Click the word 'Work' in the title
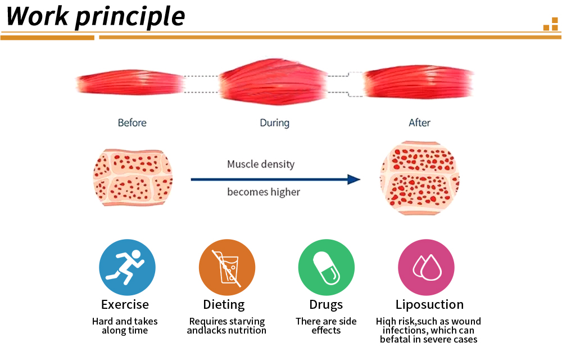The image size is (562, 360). (37, 16)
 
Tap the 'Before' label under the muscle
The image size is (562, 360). (132, 123)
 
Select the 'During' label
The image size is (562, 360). (275, 123)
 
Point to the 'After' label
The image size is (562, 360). (419, 123)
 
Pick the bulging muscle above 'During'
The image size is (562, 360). (274, 82)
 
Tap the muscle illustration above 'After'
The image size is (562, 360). (419, 82)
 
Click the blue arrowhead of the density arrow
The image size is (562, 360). (353, 179)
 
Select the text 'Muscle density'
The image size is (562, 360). (261, 164)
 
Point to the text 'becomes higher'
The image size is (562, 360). (264, 192)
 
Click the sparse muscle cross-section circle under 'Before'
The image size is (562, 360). (133, 178)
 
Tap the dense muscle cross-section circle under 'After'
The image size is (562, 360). (420, 178)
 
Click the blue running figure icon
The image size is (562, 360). (127, 268)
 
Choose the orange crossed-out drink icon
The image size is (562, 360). (227, 268)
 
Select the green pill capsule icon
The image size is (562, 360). (326, 268)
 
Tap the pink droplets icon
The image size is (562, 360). (426, 268)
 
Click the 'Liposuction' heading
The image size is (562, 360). (429, 305)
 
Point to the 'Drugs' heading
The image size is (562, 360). (326, 305)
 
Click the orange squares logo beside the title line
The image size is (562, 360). (551, 24)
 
